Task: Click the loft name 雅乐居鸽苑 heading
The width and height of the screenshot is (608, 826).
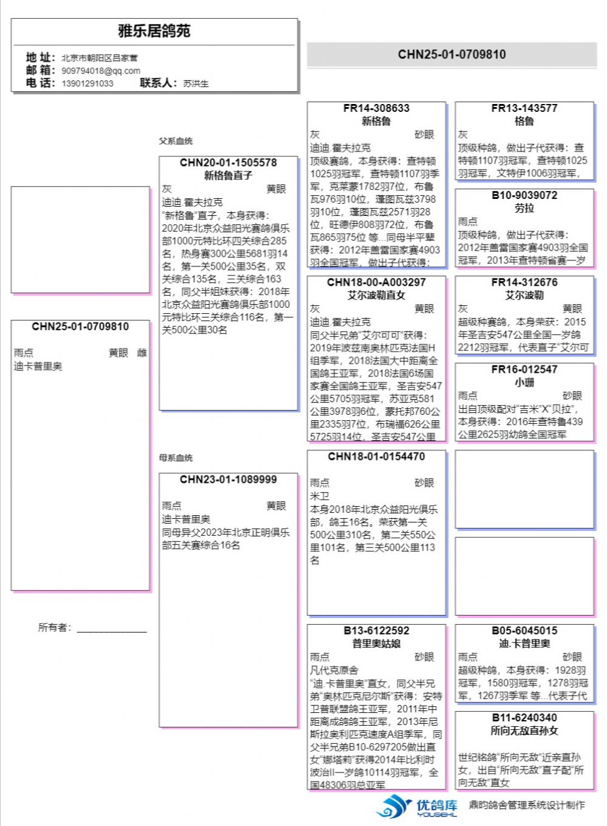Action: coord(154,31)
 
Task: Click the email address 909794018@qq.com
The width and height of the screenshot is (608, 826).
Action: coord(100,71)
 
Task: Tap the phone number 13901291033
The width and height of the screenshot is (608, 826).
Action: coord(87,83)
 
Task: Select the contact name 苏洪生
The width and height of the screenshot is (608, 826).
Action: coord(196,83)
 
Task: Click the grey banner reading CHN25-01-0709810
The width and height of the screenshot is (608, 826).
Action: coord(452,55)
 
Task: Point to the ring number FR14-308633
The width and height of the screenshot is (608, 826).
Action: coord(376,108)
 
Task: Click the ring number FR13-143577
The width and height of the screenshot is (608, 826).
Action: coord(524,108)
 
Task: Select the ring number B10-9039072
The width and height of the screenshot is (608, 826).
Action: coord(524,195)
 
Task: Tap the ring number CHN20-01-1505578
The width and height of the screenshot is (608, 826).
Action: coord(228,163)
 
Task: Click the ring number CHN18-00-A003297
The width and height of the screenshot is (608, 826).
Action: coord(376,282)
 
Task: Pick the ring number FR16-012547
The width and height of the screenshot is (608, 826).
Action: coord(524,369)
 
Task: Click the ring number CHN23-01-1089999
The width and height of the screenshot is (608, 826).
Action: coord(228,480)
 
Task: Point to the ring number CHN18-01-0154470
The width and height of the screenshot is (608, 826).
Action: coord(376,457)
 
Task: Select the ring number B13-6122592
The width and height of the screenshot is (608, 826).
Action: coord(376,631)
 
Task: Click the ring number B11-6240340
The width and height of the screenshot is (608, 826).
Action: coord(524,718)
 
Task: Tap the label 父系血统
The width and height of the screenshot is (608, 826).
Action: coord(176,141)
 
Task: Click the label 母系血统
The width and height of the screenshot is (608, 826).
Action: coord(176,458)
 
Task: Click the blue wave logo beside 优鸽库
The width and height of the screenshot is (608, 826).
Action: coord(394,807)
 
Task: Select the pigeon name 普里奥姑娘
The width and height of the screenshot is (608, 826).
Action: coord(376,644)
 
